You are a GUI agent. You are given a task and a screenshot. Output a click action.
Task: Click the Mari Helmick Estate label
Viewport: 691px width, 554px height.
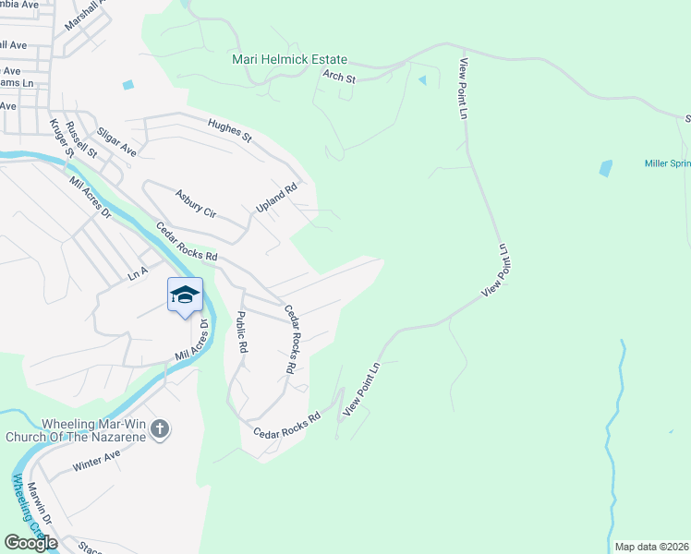tap(290, 58)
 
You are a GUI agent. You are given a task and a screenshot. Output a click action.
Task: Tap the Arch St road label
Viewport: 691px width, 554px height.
tap(339, 78)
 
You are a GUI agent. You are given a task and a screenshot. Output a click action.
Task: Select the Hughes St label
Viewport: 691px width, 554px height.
tap(230, 130)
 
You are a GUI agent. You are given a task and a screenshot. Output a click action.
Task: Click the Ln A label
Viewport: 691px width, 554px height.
tap(138, 273)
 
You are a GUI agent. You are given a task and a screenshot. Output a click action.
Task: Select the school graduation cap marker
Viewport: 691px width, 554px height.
tap(185, 295)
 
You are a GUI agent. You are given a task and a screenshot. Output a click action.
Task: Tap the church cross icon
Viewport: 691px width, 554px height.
tap(160, 428)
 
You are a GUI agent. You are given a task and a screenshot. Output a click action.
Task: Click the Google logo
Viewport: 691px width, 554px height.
tap(30, 543)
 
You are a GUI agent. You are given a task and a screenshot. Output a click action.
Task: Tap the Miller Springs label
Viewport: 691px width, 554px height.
tap(667, 163)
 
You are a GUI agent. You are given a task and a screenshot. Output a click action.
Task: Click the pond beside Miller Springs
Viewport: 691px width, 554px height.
tap(605, 168)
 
